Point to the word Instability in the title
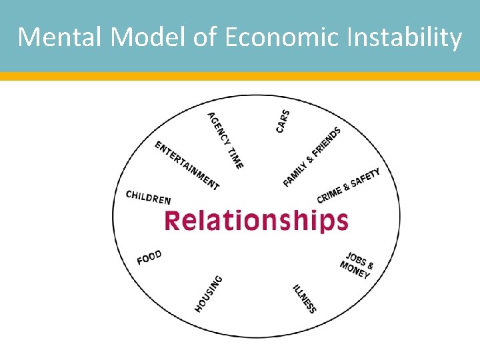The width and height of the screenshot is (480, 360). pos(409,38)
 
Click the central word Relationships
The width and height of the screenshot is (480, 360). pos(256,220)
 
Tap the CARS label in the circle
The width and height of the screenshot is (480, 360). pos(283,121)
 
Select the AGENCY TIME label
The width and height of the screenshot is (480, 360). pos(225,139)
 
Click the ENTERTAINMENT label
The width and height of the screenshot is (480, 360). pos(187,165)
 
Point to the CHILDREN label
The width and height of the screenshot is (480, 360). pos(148,197)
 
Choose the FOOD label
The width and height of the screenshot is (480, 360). pos(149,257)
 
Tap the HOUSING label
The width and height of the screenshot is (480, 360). pos(209,293)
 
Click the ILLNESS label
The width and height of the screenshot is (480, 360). pos(304,298)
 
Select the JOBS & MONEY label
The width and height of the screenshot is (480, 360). pos(357,265)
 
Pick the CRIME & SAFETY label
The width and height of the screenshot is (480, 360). pos(349,185)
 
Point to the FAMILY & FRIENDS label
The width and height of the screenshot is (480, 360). pos(312,157)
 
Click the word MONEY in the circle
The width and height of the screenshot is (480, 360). pos(354,270)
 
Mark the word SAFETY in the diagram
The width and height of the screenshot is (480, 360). pos(366,178)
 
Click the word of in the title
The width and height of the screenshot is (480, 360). pos(205,38)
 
